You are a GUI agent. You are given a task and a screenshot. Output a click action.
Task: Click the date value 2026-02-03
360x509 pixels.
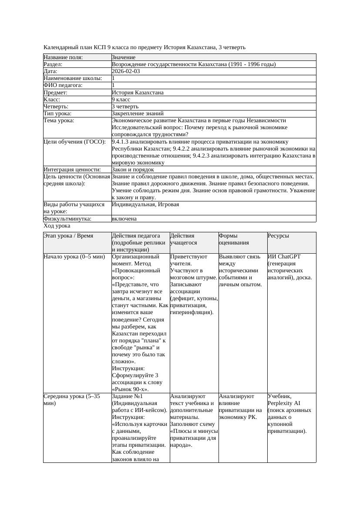tap(126, 71)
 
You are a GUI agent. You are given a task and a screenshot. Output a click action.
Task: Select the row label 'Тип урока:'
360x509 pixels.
tap(57, 114)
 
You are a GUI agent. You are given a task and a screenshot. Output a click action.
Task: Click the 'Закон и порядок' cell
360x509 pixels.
tap(133, 170)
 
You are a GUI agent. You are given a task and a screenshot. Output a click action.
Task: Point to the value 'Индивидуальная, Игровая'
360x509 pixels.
tap(145, 204)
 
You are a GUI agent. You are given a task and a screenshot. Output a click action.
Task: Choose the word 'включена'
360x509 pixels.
tap(124, 219)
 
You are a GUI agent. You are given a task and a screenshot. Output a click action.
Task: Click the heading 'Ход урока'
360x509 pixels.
tap(57, 226)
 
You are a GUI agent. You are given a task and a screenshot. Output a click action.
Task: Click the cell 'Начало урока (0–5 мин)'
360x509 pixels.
tap(74, 257)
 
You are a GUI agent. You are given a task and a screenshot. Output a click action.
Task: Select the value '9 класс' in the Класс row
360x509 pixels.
tap(121, 100)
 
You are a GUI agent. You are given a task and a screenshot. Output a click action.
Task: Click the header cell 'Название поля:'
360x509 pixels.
tap(63, 57)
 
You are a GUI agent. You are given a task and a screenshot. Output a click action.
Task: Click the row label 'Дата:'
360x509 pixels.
tap(50, 71)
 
